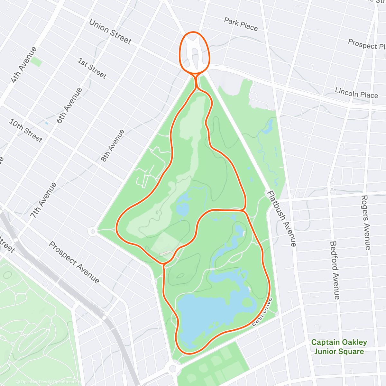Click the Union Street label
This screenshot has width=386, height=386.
(110, 32)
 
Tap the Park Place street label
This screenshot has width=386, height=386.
(241, 24)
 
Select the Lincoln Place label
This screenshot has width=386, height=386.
(356, 93)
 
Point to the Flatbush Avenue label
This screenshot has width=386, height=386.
(282, 219)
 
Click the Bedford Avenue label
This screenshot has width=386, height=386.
(335, 270)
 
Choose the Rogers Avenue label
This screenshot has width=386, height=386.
(366, 222)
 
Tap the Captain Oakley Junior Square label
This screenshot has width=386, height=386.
(339, 347)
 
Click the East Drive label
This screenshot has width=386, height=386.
(262, 312)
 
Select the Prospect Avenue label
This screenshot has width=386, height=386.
(74, 262)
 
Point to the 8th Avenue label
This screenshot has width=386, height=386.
(113, 145)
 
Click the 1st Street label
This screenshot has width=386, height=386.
(92, 68)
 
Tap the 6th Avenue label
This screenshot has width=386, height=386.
(69, 106)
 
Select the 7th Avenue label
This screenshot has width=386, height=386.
(44, 200)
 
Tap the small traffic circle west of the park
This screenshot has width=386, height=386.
(93, 231)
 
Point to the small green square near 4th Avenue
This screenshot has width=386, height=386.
(36, 62)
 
